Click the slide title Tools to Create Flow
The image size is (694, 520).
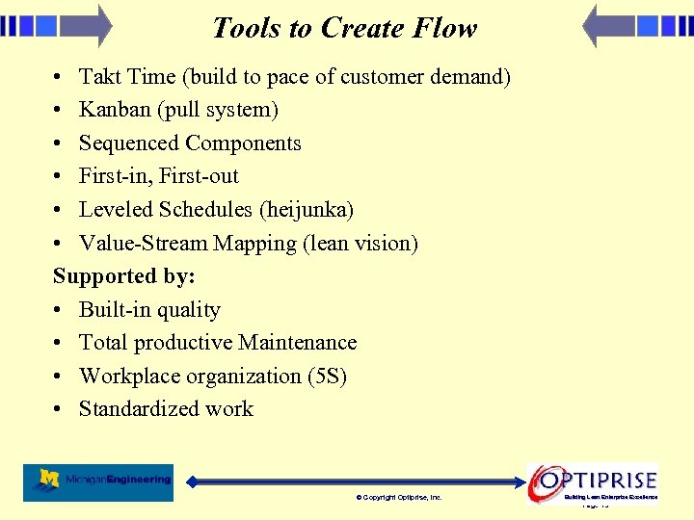coord(344,28)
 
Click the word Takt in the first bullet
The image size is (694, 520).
coord(100,77)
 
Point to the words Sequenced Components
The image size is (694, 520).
coord(190,143)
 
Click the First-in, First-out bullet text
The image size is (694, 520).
coord(158,176)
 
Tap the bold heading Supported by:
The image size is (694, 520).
coord(123,276)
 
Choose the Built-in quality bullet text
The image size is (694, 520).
coord(149,310)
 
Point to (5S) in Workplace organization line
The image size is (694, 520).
coord(327,377)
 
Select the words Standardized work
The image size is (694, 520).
coord(166,409)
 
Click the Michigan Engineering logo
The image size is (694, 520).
coord(98,481)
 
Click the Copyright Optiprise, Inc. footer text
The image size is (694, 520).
coord(399,498)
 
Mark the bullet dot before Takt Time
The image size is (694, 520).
coord(60,77)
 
